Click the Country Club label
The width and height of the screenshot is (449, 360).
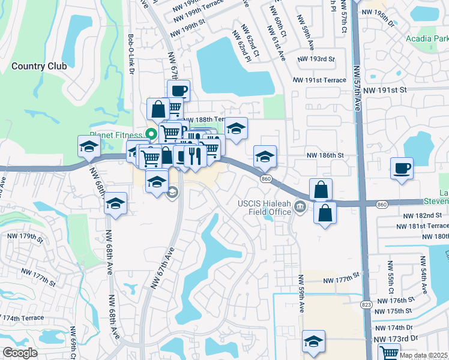pos(39,66)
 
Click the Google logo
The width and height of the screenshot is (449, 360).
pos(20,353)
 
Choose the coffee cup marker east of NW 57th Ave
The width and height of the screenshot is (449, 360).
pos(402,168)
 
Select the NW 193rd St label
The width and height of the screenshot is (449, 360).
pos(316,59)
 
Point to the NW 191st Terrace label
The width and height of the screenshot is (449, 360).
pos(320,80)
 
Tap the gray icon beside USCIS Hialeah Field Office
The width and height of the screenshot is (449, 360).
pos(301,208)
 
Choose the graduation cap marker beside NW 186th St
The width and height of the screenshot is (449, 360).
pos(265,157)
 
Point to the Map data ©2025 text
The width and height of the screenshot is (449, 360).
pos(423,355)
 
